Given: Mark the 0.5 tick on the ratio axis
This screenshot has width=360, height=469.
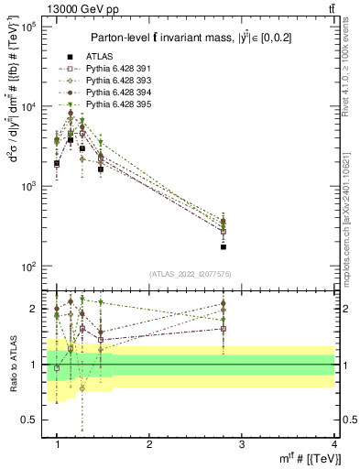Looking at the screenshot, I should click(x=29, y=420).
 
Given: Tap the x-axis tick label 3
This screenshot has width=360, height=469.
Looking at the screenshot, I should click(x=241, y=444).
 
